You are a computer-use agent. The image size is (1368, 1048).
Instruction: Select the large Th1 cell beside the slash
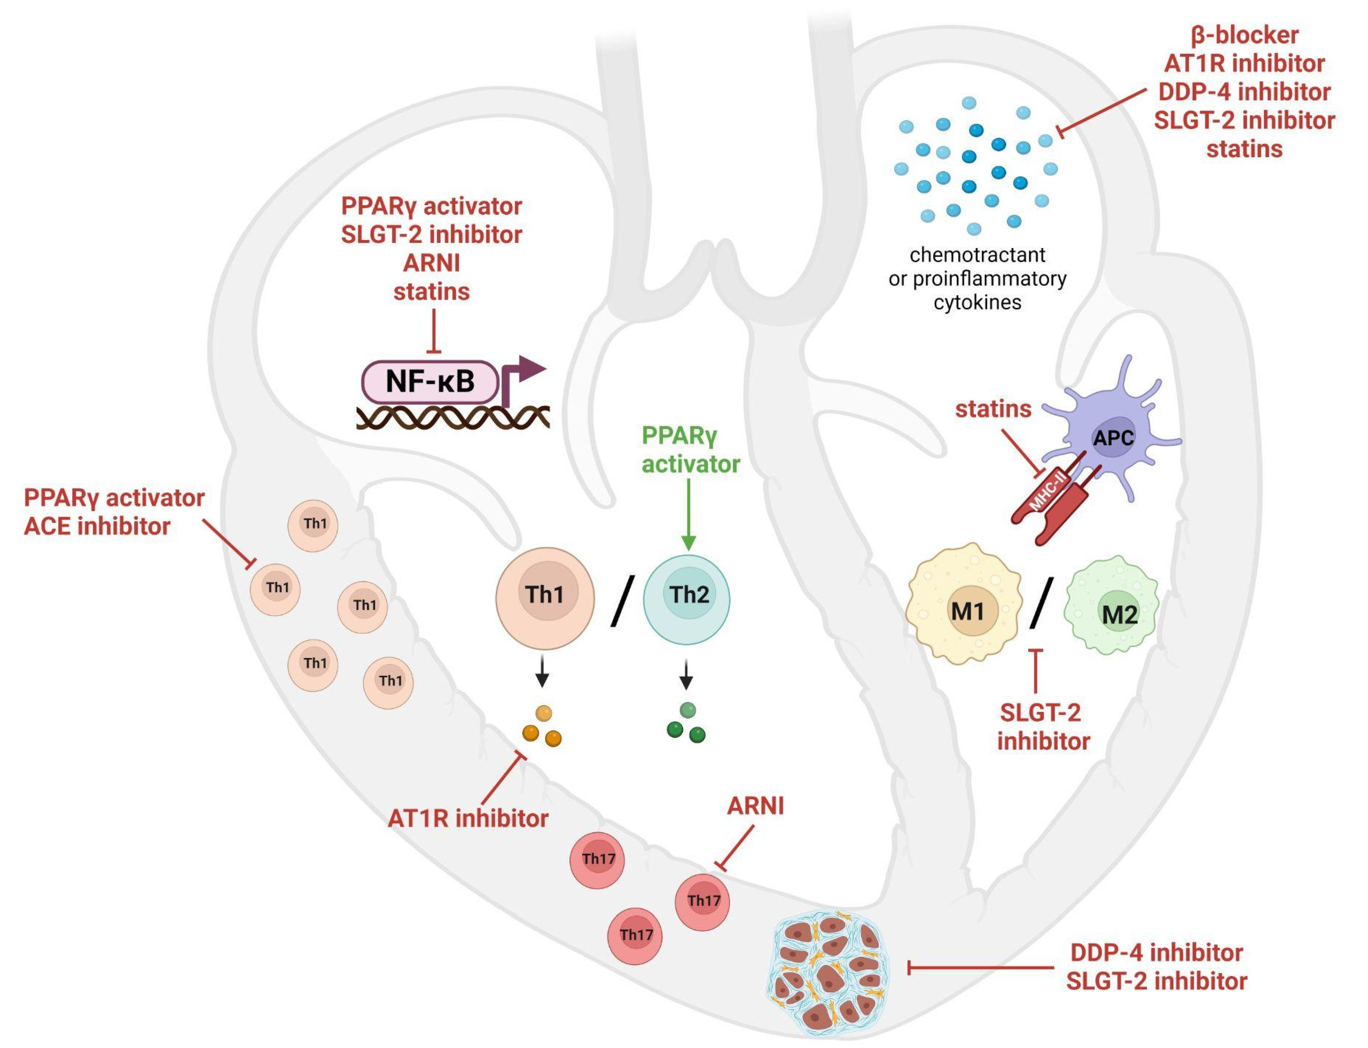(x=544, y=597)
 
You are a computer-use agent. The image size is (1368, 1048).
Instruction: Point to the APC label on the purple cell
(x=1113, y=438)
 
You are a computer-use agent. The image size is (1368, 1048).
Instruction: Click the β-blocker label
(x=1244, y=35)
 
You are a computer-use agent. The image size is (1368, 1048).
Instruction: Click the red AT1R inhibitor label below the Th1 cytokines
(x=468, y=818)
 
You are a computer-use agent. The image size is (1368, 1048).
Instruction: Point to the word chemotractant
(x=977, y=255)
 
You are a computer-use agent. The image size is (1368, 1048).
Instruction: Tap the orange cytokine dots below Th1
(x=541, y=728)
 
